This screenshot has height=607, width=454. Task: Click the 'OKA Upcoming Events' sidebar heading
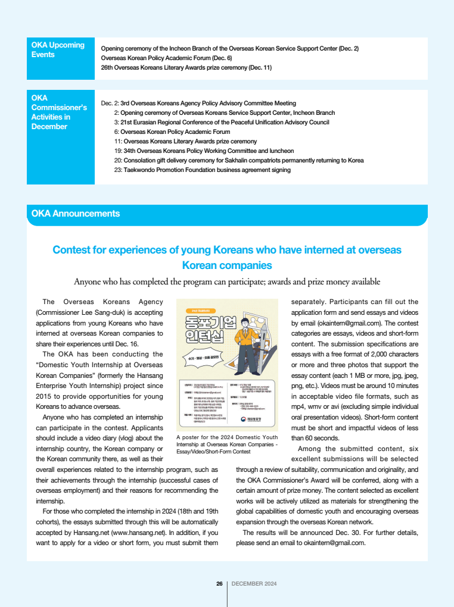58,49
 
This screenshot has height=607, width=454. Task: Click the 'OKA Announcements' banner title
76,214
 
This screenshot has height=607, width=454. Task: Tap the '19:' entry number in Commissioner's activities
118,151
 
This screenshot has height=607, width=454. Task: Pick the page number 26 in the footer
219,584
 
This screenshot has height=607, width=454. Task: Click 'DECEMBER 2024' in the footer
254,584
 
